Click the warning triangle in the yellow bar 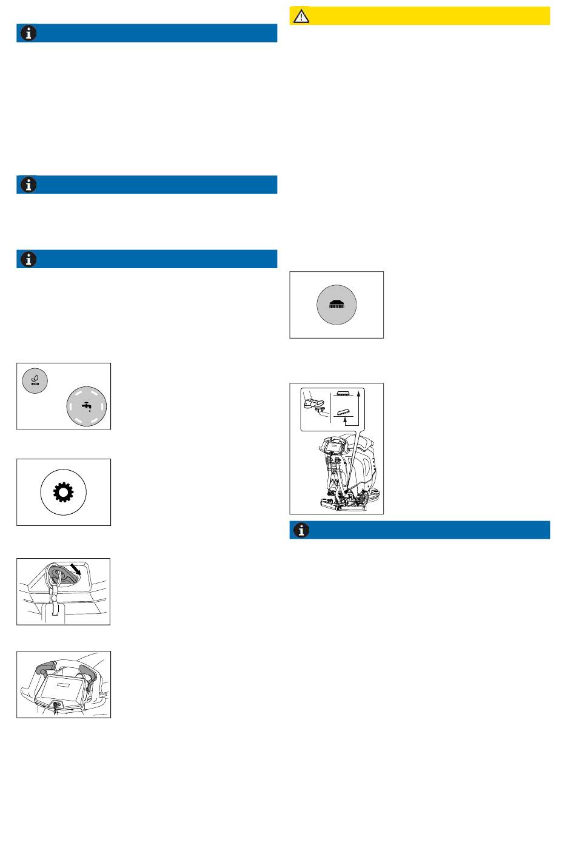pyautogui.click(x=301, y=16)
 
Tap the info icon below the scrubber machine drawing pyautogui.click(x=301, y=530)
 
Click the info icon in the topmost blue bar pyautogui.click(x=28, y=33)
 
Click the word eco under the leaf pyautogui.click(x=35, y=384)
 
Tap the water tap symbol pyautogui.click(x=87, y=406)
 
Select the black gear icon pyautogui.click(x=63, y=491)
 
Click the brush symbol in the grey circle pyautogui.click(x=337, y=305)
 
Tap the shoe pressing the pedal pyautogui.click(x=313, y=403)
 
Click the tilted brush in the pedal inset pyautogui.click(x=344, y=412)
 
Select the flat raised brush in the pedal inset pyautogui.click(x=343, y=394)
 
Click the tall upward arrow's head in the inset pyautogui.click(x=358, y=394)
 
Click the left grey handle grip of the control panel pyautogui.click(x=45, y=669)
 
